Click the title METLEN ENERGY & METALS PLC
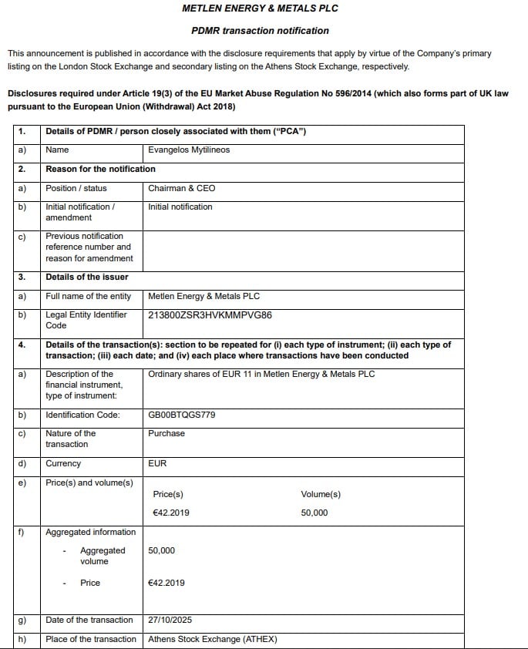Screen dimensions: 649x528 coord(260,8)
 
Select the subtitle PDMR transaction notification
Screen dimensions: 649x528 coord(260,31)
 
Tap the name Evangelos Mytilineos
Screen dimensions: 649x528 coord(189,150)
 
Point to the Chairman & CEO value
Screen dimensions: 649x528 coord(182,188)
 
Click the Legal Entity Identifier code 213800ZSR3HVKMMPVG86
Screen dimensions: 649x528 coord(210,315)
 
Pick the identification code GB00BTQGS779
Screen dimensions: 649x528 coord(182,415)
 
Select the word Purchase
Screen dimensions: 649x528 coord(166,433)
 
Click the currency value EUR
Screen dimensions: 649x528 coord(157,463)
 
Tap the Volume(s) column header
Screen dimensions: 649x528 coord(321,494)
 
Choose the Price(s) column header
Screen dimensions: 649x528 coord(168,494)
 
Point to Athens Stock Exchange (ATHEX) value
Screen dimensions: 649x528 coord(212,639)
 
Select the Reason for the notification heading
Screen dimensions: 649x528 coord(100,169)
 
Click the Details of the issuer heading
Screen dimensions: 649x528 coord(87,277)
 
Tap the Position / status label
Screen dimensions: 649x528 coord(76,188)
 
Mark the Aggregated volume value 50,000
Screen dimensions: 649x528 coord(161,550)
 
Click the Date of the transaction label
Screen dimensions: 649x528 coord(89,620)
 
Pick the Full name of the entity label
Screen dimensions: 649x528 coord(89,296)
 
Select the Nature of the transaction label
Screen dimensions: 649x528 coord(71,439)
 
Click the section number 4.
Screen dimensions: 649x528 coord(22,345)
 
